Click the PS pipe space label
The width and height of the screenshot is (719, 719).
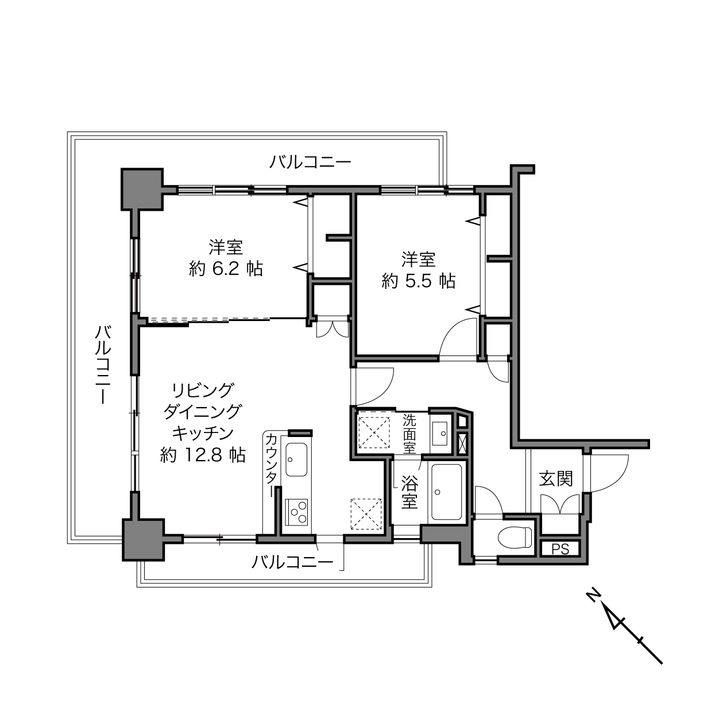coord(560,549)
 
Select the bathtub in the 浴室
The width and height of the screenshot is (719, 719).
coord(446,492)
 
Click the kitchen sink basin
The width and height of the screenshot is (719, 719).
coord(296,459)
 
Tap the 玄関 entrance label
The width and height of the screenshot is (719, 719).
coord(555,479)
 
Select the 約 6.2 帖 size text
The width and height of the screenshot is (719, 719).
coord(226,269)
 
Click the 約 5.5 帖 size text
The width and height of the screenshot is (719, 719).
coord(418,281)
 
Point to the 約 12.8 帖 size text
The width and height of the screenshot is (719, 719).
coord(203,455)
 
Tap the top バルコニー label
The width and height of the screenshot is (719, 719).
coord(311,163)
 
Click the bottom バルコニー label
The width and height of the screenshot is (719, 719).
coord(292,562)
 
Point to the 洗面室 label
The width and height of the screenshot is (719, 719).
coord(409,434)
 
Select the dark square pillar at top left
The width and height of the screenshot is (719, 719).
coord(142,189)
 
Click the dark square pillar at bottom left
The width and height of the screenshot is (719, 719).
coord(143,540)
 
